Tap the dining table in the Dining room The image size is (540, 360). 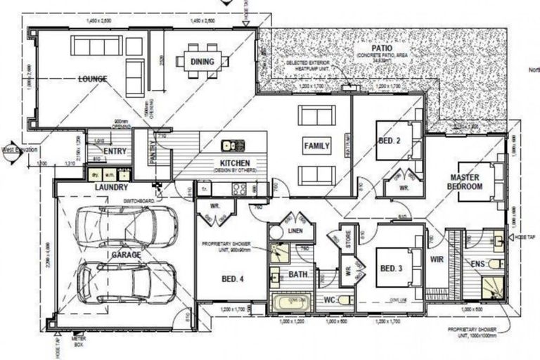[205, 61]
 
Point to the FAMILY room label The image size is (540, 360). [316, 146]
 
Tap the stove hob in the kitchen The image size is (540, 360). [240, 188]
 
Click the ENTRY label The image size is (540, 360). [115, 150]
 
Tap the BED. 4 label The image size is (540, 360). [232, 279]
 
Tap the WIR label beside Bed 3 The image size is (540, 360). [437, 259]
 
